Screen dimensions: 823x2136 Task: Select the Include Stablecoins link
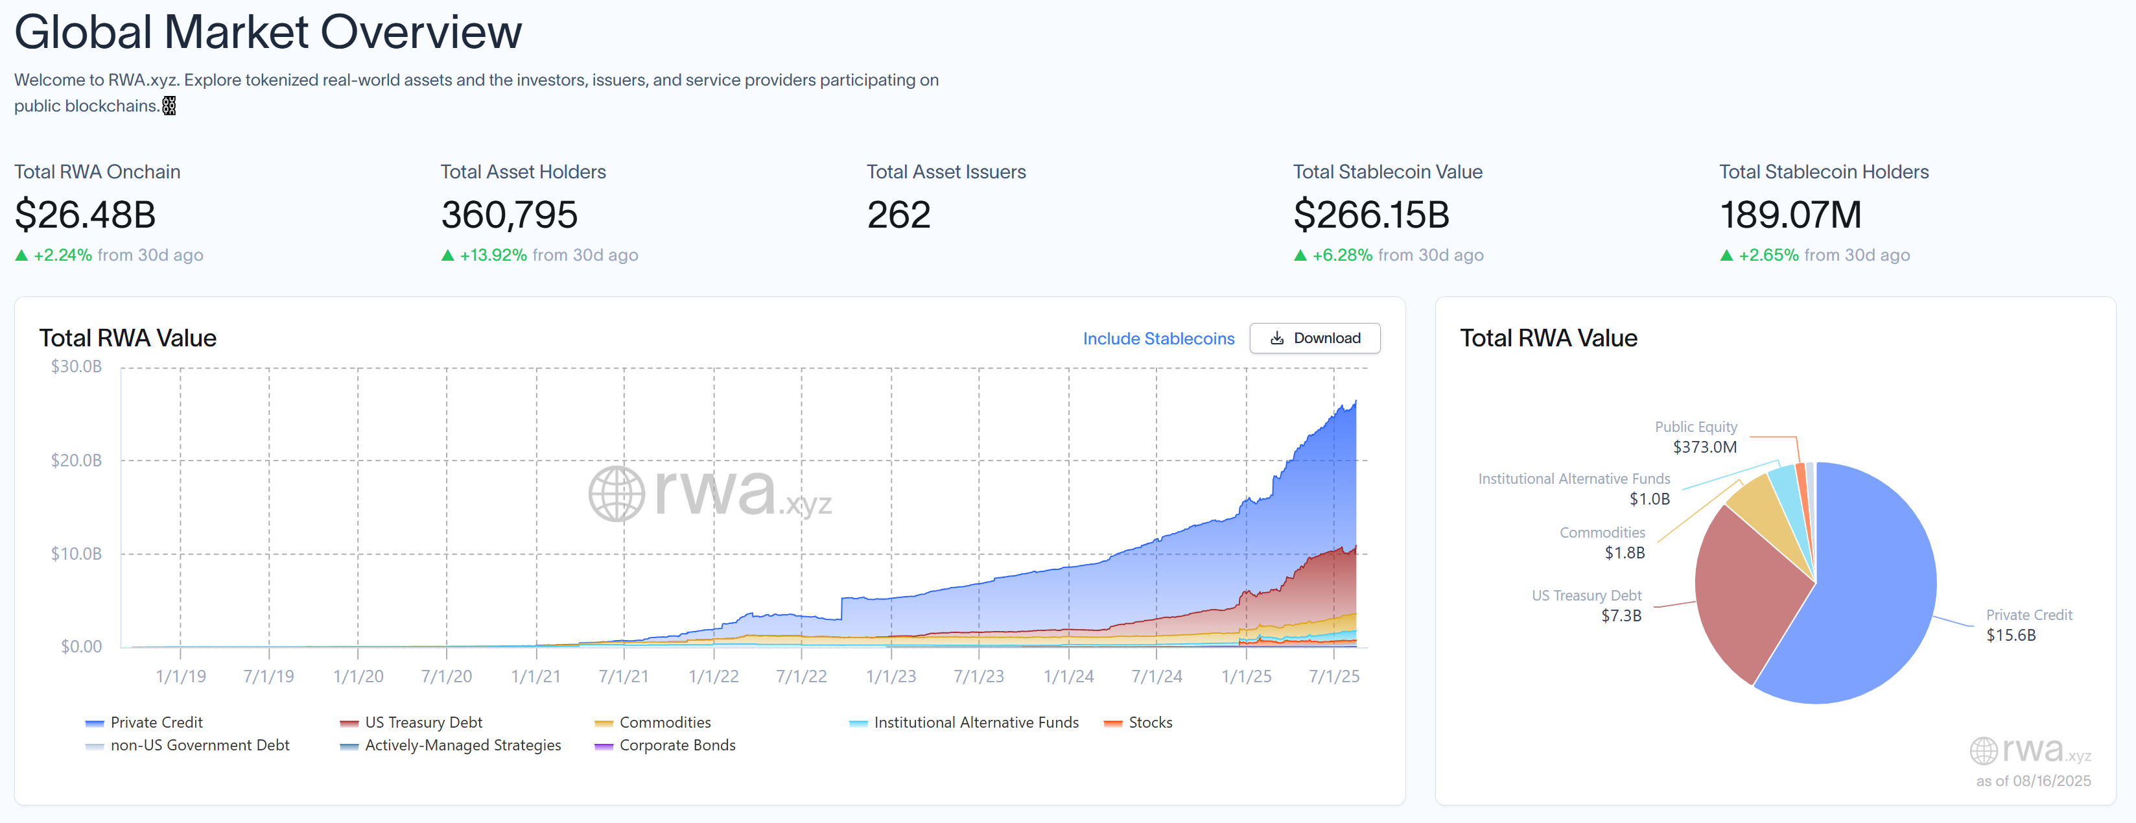tap(1158, 339)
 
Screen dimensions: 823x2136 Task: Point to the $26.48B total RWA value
tap(86, 215)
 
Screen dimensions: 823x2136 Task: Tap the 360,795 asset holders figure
tap(509, 215)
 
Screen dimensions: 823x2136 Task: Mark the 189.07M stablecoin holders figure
tap(1790, 215)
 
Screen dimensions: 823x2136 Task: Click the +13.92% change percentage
tap(493, 255)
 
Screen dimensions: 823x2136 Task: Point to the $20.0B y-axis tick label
tap(76, 460)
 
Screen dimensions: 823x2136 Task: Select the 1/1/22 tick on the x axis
tap(713, 676)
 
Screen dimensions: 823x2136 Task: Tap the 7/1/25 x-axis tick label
tap(1333, 676)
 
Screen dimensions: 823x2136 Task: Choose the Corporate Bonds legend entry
tap(677, 745)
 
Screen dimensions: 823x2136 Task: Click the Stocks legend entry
tap(1149, 722)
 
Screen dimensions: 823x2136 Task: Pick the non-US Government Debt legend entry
tap(199, 745)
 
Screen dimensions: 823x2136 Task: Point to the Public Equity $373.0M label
tap(1696, 436)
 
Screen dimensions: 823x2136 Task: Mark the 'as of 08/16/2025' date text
tap(2032, 781)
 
